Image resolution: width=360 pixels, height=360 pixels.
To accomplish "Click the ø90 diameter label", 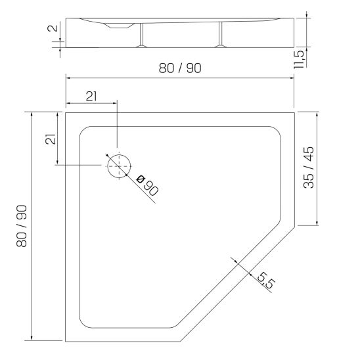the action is [x=147, y=185].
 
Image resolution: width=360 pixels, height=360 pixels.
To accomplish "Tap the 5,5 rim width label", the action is [x=266, y=280].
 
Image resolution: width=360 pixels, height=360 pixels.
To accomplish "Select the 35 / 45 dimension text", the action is [x=309, y=168].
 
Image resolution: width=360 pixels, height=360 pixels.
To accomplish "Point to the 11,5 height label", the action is [x=299, y=59].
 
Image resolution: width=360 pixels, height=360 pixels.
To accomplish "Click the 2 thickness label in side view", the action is [x=53, y=28].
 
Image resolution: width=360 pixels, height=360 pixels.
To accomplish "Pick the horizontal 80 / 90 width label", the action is [x=180, y=68].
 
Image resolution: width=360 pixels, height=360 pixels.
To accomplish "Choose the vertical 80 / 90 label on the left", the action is [x=22, y=226].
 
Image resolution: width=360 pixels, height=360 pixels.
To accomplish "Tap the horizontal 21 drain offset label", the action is [x=91, y=96].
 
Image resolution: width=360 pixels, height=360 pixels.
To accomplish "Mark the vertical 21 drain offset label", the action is [x=51, y=139].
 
